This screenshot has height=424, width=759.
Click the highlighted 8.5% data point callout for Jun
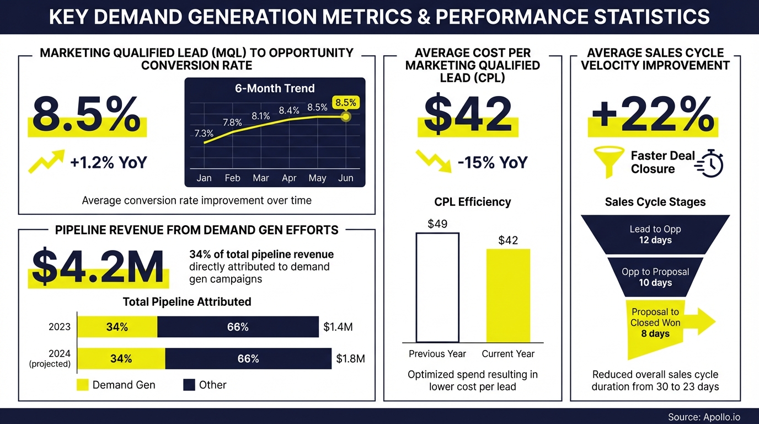click(x=346, y=103)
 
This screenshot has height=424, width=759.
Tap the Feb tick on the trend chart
click(x=232, y=178)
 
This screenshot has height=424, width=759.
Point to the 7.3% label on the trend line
click(x=204, y=133)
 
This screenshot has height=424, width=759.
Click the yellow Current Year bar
click(x=508, y=295)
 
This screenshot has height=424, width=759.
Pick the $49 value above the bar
click(x=437, y=224)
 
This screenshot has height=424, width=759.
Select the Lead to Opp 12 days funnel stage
click(x=655, y=235)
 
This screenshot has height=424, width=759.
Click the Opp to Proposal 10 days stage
click(x=655, y=277)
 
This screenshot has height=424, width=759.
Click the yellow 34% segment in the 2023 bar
click(x=117, y=327)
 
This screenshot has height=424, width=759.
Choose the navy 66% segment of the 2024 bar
click(x=248, y=359)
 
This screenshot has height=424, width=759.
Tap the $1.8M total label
click(x=350, y=359)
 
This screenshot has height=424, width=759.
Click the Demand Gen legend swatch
click(x=82, y=385)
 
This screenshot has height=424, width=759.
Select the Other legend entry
click(x=205, y=385)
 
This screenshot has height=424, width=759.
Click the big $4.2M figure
click(x=98, y=267)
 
